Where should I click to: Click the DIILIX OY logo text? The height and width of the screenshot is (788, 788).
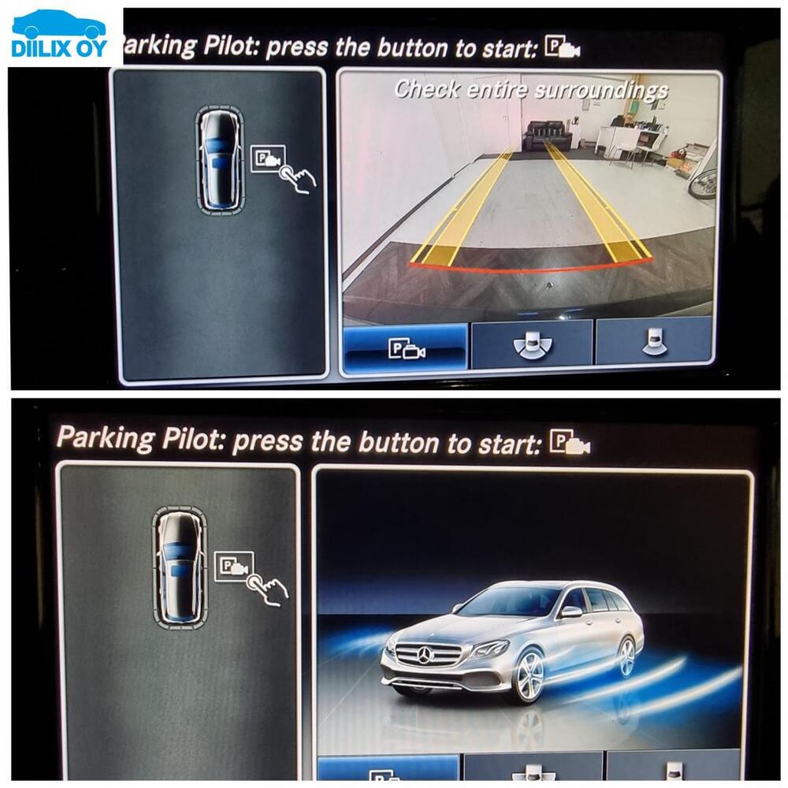coord(59,49)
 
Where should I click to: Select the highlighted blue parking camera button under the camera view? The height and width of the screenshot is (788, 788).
coord(406,346)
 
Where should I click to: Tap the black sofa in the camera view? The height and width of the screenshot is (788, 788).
coord(548,135)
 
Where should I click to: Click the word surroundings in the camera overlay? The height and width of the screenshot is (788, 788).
coord(601,91)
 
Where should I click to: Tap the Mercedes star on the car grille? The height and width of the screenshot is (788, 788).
coord(426,655)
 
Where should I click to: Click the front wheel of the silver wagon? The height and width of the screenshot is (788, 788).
coord(529,676)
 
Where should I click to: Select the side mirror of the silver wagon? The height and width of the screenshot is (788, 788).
coord(571,611)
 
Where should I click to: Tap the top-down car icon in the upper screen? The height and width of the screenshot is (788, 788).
coord(220,159)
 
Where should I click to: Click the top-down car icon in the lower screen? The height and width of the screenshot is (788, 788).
coord(179,567)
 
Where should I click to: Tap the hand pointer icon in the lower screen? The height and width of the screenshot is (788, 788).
coord(267,589)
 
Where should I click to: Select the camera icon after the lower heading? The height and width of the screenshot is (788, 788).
coord(571,442)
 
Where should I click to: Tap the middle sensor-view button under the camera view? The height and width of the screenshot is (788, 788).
coord(533,344)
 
